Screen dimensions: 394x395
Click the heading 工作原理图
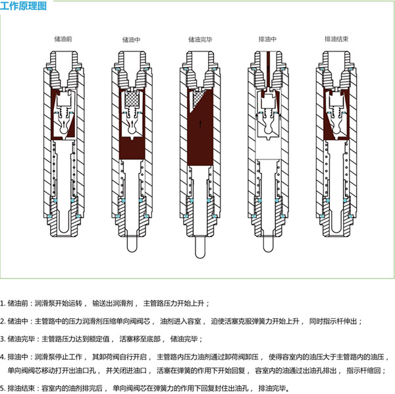24,8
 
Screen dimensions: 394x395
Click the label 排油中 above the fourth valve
269,39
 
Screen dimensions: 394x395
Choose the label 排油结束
336,39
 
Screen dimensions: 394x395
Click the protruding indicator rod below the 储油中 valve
132,243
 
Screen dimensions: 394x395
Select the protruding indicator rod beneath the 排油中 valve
268,243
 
